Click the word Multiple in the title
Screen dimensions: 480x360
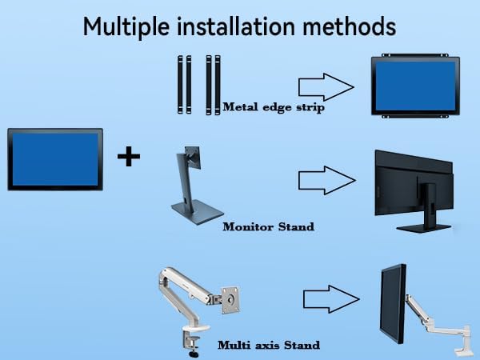coord(126,27)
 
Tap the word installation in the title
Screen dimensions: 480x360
coord(236,26)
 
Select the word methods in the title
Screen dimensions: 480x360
coord(350,26)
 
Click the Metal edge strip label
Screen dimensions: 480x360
coord(274,107)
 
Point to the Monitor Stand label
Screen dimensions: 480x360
coord(269,227)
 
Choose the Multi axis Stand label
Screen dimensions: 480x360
coord(269,345)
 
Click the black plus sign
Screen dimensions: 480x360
coord(129,157)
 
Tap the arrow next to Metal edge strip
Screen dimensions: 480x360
coord(326,87)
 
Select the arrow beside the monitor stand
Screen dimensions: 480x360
coord(327,180)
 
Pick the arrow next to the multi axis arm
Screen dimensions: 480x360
coord(331,299)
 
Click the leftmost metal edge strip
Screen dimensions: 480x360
coord(180,85)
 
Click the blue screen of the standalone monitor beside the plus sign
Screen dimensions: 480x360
coord(55,159)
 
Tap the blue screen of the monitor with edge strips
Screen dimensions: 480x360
coord(415,86)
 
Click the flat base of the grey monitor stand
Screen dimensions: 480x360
coord(198,212)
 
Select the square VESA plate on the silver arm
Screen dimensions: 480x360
coord(230,300)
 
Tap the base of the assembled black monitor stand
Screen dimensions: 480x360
coord(424,228)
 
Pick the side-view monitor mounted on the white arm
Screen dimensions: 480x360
coord(393,303)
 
